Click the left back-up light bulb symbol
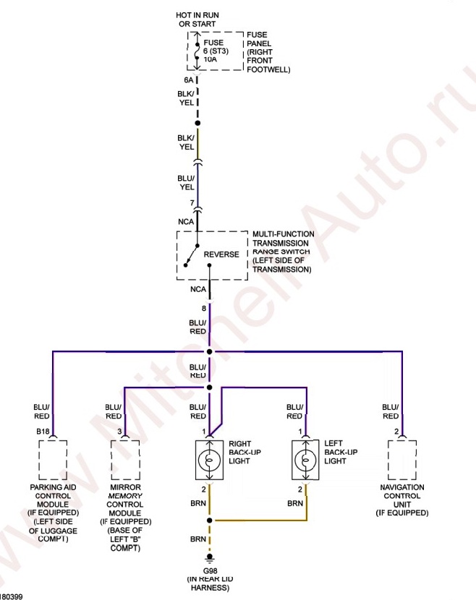305,460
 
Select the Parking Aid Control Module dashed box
52,460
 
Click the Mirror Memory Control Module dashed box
124,460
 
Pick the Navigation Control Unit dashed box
401,460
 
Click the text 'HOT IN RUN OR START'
197,19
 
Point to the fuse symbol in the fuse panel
197,51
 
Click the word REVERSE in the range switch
221,254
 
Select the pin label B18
43,432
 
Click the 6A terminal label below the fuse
189,80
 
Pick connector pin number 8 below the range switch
203,308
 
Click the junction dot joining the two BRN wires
209,520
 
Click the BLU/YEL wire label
186,182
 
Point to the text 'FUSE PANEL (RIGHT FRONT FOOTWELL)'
268,52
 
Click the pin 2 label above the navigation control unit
396,432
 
